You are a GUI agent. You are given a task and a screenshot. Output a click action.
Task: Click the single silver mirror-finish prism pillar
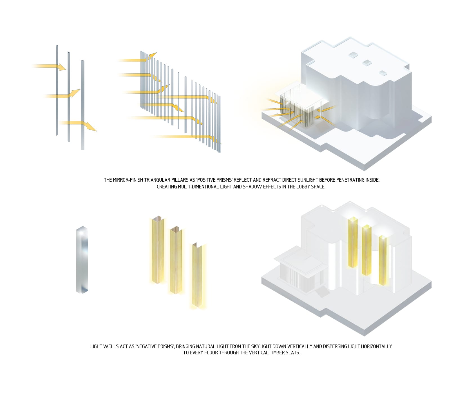click(82, 260)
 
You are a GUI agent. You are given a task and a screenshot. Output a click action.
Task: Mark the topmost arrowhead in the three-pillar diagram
click(62, 67)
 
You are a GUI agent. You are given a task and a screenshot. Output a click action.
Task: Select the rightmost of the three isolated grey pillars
click(82, 105)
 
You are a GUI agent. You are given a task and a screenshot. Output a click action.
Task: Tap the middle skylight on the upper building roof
click(366, 62)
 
